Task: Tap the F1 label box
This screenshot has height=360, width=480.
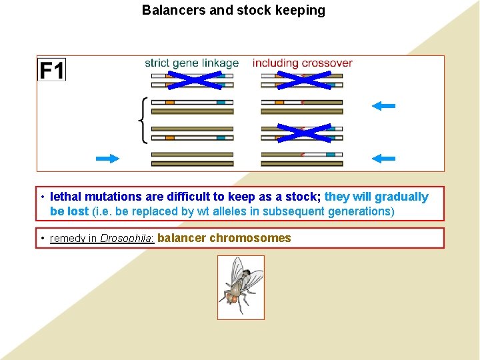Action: [52, 70]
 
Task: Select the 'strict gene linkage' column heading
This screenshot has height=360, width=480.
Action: [192, 63]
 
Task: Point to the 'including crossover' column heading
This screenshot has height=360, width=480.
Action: [302, 63]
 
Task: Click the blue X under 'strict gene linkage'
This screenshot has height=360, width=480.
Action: [193, 81]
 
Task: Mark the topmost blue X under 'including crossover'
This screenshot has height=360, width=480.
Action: [303, 81]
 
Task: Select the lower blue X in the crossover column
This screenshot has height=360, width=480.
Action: [303, 133]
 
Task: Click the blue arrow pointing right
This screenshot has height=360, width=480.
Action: [107, 158]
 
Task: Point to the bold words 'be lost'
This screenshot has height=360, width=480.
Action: [69, 211]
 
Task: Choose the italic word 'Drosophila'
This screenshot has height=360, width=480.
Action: [127, 239]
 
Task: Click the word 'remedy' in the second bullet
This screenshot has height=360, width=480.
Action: [67, 239]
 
